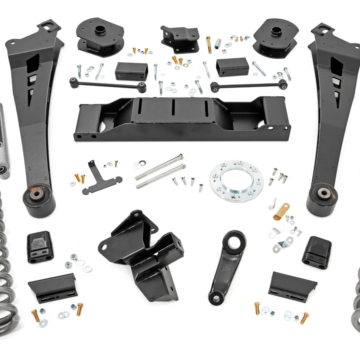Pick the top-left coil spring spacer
point(100,37)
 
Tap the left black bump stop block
point(40,247)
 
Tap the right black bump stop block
point(317,252)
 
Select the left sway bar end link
point(107,84)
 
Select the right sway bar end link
point(249,85)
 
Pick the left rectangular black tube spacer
point(131,71)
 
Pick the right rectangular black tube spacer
point(232,67)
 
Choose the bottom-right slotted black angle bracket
point(292,283)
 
